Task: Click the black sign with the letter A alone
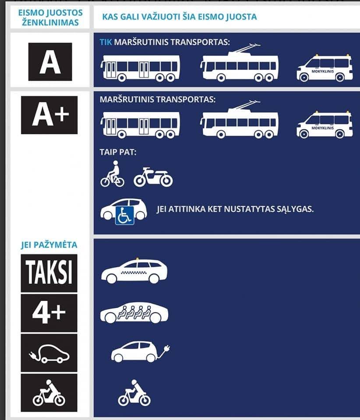pos(50,62)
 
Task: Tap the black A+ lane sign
pos(49,115)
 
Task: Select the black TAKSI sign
pos(49,273)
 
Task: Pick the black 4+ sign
pos(49,313)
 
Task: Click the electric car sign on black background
pos(49,353)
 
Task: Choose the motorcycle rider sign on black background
pos(49,392)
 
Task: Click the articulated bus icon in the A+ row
pos(140,124)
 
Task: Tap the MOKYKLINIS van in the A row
pos(325,69)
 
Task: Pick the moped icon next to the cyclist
pos(153,177)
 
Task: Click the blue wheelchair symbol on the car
pos(124,216)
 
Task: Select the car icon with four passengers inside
pos(134,312)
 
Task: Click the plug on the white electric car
pos(165,349)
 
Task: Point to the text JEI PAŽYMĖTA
pos(49,245)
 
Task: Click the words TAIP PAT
pos(115,153)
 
